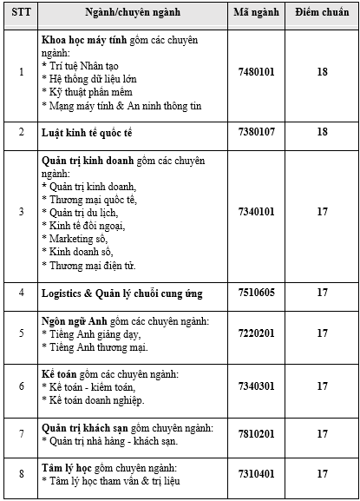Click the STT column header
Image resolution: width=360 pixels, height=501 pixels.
[x=22, y=15]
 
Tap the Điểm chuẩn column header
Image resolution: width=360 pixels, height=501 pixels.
[x=321, y=15]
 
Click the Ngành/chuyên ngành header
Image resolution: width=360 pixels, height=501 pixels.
[x=131, y=15]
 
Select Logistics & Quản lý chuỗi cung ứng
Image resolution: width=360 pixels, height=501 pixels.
[x=122, y=293]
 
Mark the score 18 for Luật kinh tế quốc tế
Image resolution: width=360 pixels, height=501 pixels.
[x=321, y=131]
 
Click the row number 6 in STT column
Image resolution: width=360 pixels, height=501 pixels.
[x=22, y=386]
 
